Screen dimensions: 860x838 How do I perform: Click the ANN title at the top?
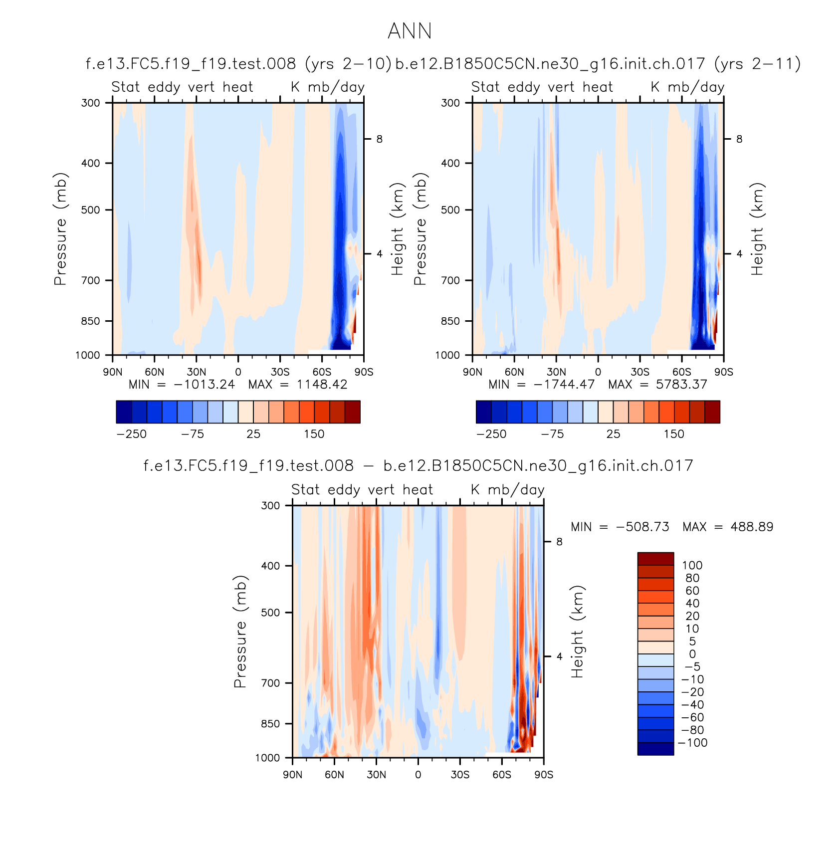pyautogui.click(x=410, y=31)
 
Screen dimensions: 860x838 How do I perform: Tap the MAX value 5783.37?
pyautogui.click(x=681, y=385)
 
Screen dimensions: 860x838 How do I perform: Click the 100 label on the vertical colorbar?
pyautogui.click(x=692, y=565)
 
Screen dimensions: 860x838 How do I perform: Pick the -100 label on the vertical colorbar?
pyautogui.click(x=692, y=743)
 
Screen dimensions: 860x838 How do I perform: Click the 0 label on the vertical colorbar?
pyautogui.click(x=692, y=654)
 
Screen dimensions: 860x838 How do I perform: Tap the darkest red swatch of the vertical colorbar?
pyautogui.click(x=655, y=559)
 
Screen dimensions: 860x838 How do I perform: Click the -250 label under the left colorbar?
pyautogui.click(x=132, y=434)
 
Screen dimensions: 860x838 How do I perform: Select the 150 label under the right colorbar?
pyautogui.click(x=674, y=434)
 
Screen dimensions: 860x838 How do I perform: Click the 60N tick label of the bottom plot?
pyautogui.click(x=334, y=775)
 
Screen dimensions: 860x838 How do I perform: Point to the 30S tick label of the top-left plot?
pyautogui.click(x=280, y=372)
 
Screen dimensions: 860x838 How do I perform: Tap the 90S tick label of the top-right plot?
pyautogui.click(x=723, y=372)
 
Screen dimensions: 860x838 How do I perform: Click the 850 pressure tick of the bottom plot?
pyautogui.click(x=271, y=723)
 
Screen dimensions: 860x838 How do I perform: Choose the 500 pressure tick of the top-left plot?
pyautogui.click(x=91, y=210)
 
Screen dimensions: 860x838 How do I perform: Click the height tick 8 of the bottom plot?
pyautogui.click(x=559, y=542)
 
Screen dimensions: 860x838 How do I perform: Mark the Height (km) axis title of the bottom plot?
pyautogui.click(x=577, y=632)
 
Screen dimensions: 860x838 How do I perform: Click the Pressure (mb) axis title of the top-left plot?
pyautogui.click(x=60, y=229)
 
